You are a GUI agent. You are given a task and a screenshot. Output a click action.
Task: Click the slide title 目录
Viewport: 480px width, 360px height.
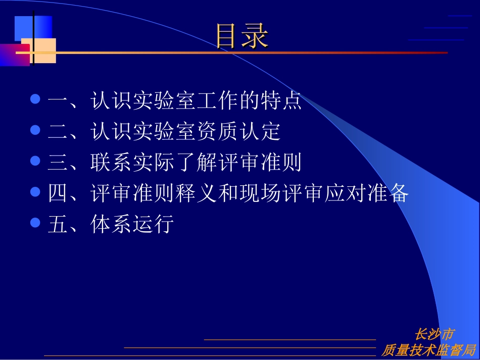pyautogui.click(x=242, y=37)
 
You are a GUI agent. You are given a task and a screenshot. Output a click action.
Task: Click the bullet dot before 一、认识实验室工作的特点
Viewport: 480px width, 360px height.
pyautogui.click(x=35, y=99)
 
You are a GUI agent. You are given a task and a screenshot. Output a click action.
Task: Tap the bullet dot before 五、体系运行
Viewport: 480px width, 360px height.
pyautogui.click(x=35, y=222)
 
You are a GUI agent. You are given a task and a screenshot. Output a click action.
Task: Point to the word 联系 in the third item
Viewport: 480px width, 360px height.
pyautogui.click(x=112, y=162)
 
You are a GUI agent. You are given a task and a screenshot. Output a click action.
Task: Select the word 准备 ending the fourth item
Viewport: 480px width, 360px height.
pyautogui.click(x=387, y=193)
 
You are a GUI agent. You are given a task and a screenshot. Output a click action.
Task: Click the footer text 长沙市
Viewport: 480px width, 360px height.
pyautogui.click(x=434, y=334)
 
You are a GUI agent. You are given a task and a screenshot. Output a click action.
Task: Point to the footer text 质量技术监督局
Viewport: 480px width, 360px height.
pyautogui.click(x=428, y=350)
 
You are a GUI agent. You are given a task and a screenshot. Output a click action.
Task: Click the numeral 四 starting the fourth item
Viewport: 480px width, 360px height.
pyautogui.click(x=58, y=193)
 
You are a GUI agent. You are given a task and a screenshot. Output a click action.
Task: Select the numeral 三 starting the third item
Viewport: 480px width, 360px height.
pyautogui.click(x=58, y=162)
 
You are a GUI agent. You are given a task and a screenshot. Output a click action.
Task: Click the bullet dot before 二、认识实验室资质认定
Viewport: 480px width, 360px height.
pyautogui.click(x=35, y=130)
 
